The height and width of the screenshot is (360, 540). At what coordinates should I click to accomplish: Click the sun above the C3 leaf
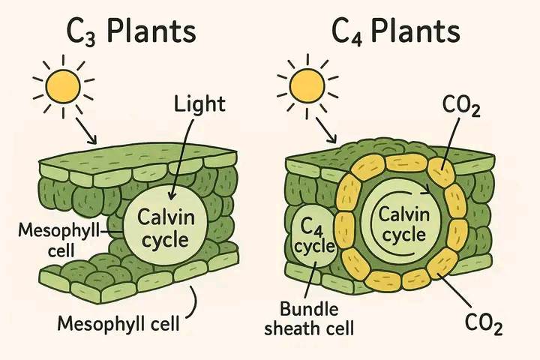(63, 86)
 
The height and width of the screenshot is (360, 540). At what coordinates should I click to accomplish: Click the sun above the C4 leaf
(307, 86)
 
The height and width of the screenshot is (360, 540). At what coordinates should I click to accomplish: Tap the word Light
(199, 105)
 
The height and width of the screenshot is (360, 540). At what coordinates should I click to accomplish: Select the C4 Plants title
(396, 31)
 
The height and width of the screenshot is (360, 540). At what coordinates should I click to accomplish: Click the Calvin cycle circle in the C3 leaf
(165, 226)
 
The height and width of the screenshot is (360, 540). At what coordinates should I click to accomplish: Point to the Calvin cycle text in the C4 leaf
(404, 224)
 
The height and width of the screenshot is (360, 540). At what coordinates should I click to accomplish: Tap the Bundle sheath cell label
(309, 319)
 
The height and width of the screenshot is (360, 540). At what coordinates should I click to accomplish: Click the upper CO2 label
(461, 106)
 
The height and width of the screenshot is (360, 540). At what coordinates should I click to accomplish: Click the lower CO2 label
(484, 323)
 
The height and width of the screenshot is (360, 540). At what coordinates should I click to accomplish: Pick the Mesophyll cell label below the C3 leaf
(118, 324)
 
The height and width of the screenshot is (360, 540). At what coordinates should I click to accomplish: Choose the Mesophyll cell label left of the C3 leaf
(58, 240)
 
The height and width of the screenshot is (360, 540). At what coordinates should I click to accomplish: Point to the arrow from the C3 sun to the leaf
(86, 131)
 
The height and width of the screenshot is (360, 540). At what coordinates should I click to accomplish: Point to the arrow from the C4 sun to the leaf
(326, 130)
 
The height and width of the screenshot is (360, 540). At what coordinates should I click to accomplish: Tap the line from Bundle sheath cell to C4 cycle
(310, 280)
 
